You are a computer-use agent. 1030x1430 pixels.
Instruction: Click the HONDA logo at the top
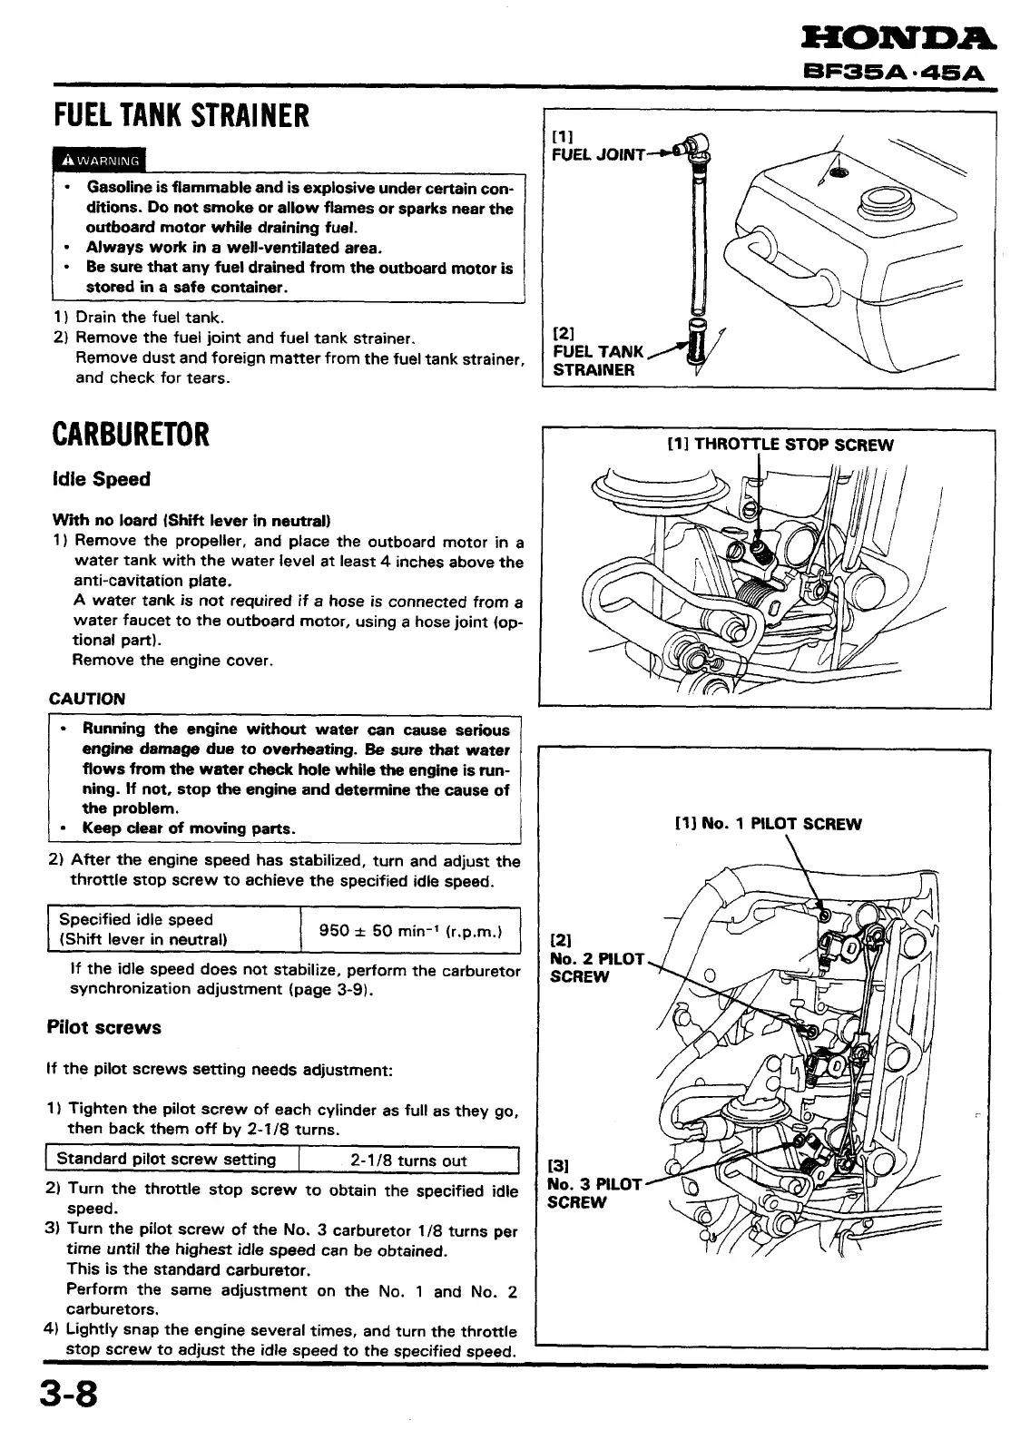point(898,37)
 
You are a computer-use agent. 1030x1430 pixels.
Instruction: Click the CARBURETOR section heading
point(131,434)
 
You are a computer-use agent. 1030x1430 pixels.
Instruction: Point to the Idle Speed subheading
point(102,479)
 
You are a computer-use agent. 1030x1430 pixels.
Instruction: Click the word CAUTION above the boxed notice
point(87,699)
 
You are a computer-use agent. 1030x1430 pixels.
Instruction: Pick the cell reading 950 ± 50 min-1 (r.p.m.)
point(410,930)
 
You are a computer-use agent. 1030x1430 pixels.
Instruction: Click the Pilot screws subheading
point(103,1027)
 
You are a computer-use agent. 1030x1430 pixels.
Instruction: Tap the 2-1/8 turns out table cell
point(408,1161)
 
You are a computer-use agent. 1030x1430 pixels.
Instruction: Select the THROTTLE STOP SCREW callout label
point(780,445)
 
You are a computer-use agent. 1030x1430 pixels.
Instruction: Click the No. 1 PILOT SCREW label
point(768,824)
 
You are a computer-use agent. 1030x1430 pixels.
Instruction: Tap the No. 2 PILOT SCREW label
point(594,959)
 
